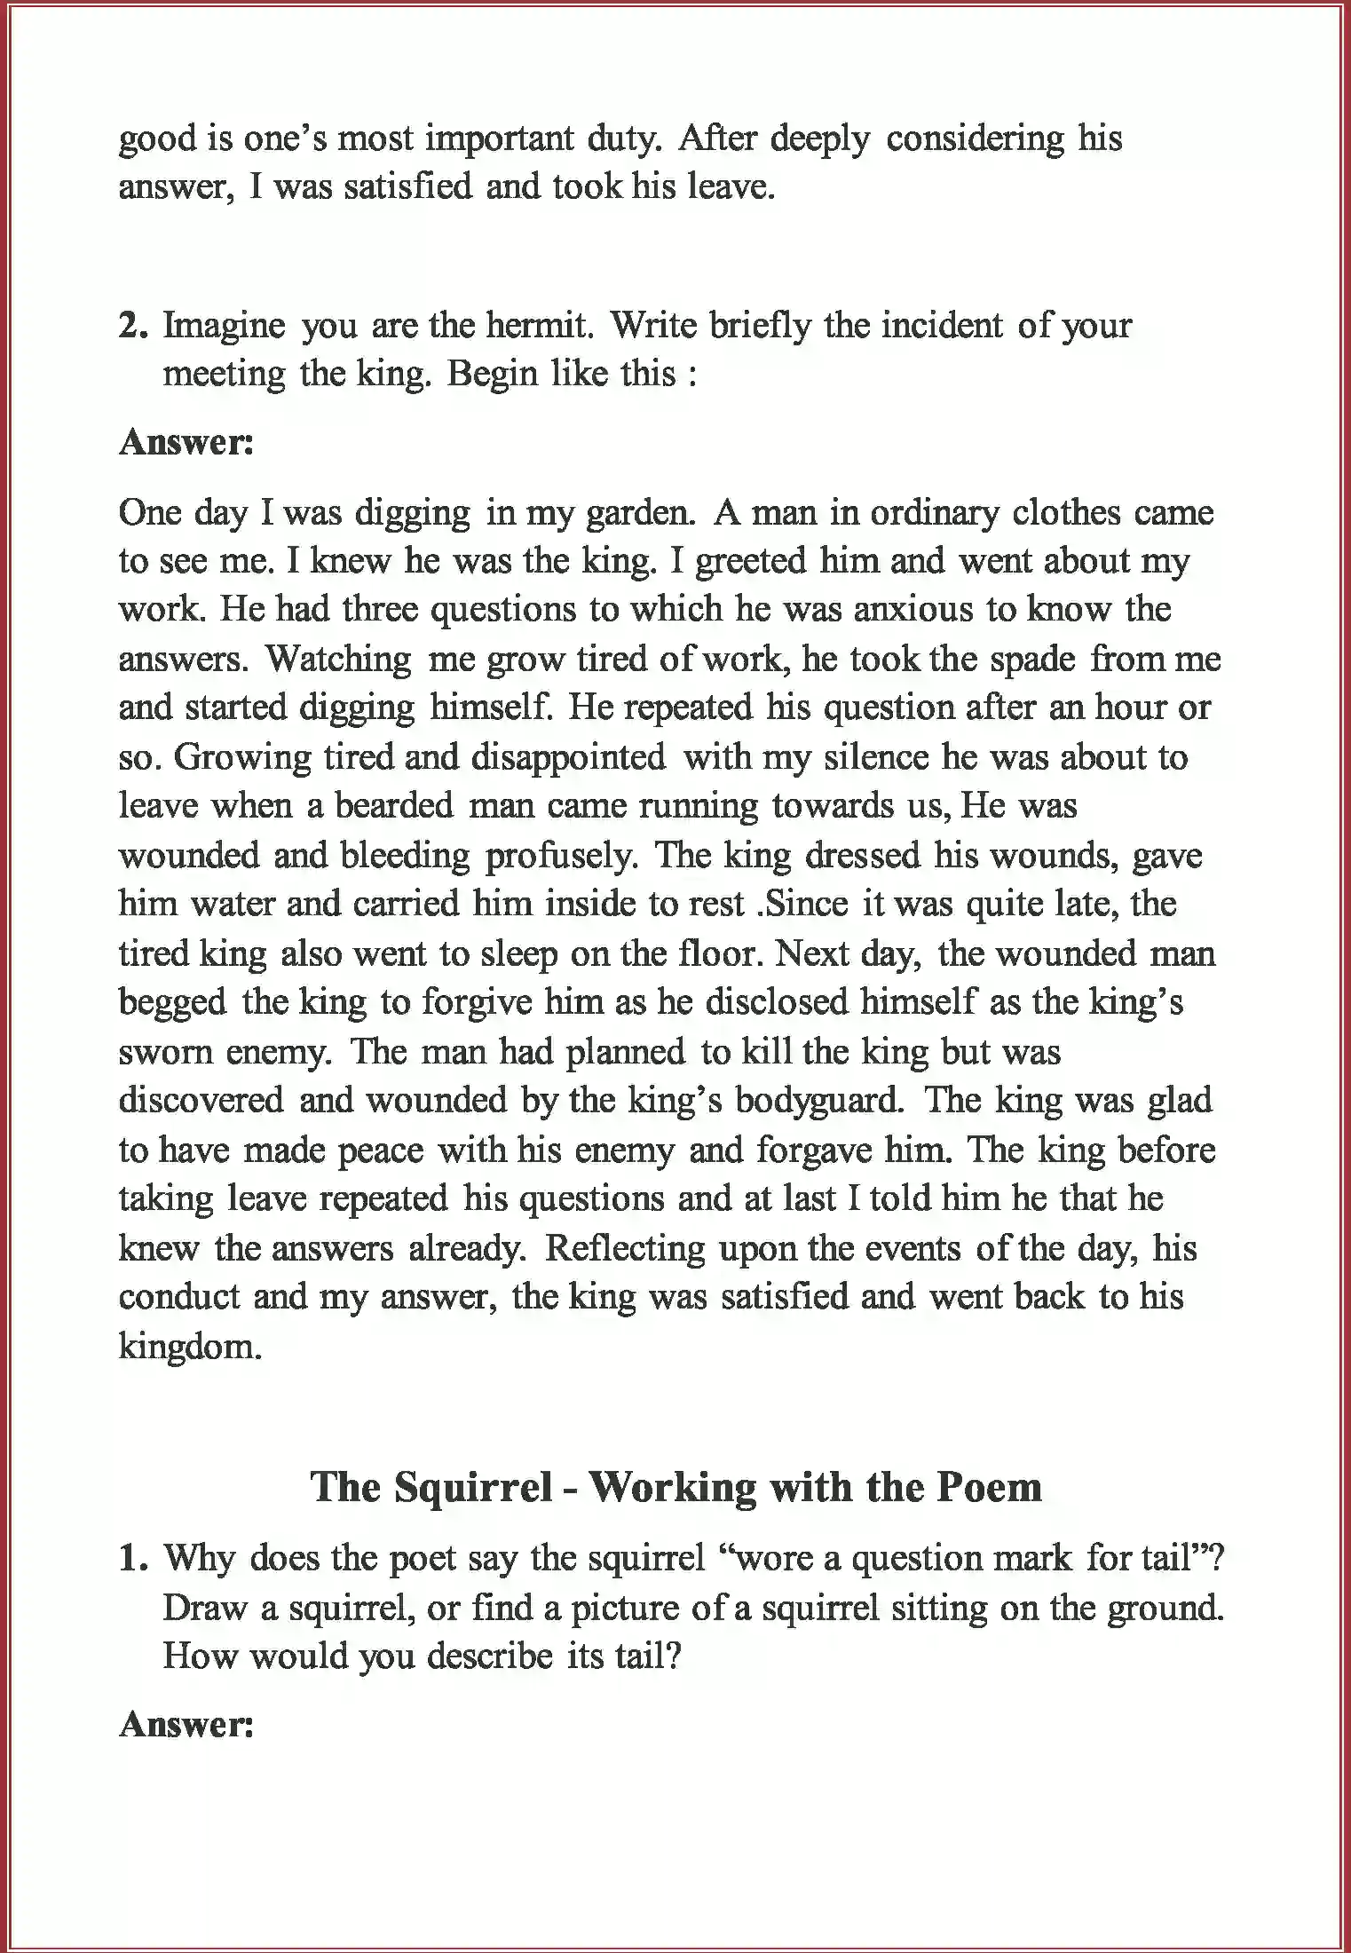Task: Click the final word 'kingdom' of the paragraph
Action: [x=190, y=1348]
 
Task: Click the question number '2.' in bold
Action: [x=134, y=327]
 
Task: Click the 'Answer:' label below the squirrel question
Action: [x=186, y=1724]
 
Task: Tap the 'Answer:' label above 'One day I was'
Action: [x=186, y=442]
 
